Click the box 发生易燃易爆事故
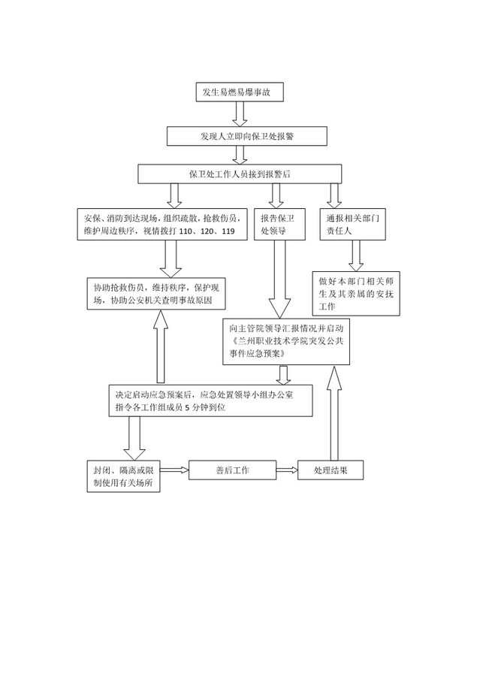click(240, 92)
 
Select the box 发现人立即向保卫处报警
click(246, 136)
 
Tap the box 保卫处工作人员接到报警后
click(240, 174)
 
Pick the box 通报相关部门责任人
click(353, 224)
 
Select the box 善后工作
click(232, 470)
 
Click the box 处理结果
click(331, 470)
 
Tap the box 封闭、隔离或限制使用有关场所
click(124, 476)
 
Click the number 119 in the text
click(228, 231)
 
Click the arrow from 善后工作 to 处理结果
click(287, 470)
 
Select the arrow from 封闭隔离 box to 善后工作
click(175, 470)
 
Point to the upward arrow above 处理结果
click(334, 413)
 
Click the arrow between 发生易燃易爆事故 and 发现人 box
click(240, 114)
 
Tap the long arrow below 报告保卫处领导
click(279, 280)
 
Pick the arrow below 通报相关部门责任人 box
click(356, 256)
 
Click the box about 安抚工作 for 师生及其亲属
click(356, 294)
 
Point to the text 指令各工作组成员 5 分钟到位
click(170, 407)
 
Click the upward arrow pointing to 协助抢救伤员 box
click(161, 346)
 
